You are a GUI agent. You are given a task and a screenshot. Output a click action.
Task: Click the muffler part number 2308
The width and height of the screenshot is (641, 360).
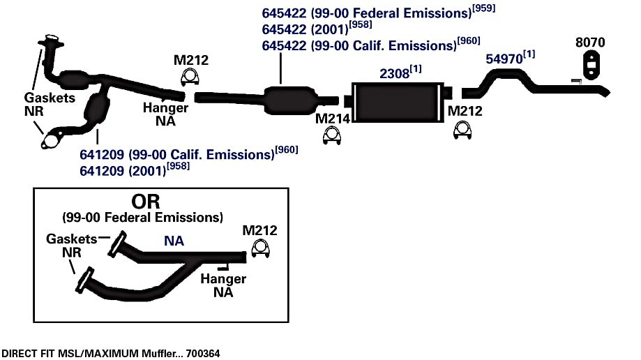point(394,74)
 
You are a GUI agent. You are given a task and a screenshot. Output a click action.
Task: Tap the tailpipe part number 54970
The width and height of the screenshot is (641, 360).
point(504,59)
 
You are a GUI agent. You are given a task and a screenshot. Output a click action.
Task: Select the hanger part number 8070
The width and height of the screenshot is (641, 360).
point(590,42)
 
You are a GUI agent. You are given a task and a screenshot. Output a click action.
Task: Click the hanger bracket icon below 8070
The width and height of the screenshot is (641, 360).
point(590,65)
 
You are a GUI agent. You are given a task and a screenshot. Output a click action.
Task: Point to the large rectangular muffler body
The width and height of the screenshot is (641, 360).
point(398,103)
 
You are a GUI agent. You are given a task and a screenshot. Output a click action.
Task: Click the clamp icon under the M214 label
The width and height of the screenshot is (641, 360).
point(331,135)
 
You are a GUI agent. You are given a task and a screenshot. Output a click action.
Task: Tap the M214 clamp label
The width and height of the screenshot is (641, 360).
point(332,119)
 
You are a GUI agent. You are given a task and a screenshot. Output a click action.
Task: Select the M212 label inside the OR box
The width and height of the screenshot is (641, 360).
point(259,230)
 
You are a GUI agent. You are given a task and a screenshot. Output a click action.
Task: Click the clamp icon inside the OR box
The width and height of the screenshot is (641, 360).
point(260,248)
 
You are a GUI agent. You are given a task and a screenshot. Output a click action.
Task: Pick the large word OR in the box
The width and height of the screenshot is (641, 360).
point(146,201)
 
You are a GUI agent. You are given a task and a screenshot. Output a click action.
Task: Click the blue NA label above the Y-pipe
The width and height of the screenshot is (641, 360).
point(174,241)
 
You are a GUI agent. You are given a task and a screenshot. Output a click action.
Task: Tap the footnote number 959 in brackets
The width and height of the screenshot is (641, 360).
point(483,8)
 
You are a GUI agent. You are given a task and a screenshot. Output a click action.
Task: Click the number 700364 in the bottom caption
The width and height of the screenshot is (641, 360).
point(203,354)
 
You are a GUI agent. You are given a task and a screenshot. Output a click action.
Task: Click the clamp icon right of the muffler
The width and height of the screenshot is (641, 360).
point(462,130)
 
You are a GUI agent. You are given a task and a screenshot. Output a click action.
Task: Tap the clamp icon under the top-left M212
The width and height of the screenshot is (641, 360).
point(190,77)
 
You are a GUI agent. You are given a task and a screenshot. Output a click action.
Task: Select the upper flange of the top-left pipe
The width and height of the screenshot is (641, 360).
point(50,40)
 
